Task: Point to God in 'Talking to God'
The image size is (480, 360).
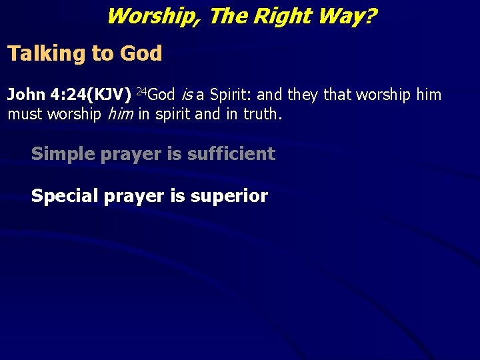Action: click(141, 54)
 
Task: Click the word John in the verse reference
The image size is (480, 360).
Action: click(25, 95)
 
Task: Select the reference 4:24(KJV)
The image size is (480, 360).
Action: click(90, 95)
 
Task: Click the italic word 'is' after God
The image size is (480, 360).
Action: click(186, 95)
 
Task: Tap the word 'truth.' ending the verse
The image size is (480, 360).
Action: click(263, 115)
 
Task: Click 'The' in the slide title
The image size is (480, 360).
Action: click(228, 15)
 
